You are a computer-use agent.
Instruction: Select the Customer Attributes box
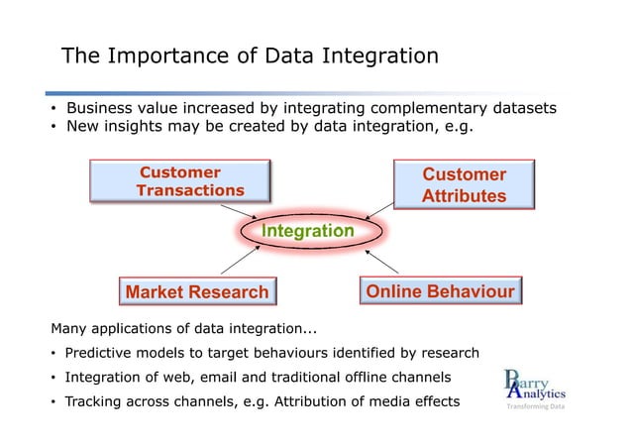tap(464, 185)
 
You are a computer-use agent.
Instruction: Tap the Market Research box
tap(196, 292)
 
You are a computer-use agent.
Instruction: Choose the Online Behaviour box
tap(440, 291)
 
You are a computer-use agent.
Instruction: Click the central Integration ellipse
tap(307, 231)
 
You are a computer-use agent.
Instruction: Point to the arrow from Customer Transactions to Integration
tap(241, 211)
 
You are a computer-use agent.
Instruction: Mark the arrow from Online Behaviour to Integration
tap(383, 261)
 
